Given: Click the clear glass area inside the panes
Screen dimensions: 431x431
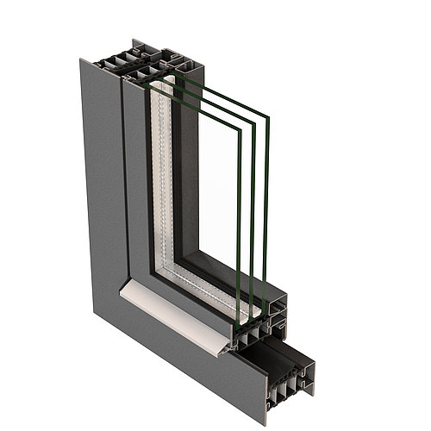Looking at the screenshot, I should (x=220, y=190).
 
